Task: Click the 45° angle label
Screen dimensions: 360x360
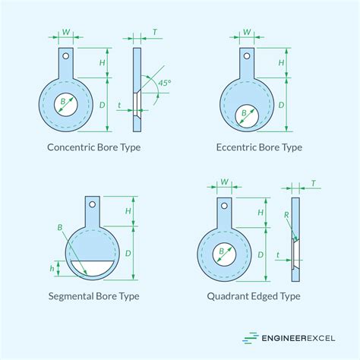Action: tap(165, 83)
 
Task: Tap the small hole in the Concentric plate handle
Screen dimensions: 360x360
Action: tap(66, 56)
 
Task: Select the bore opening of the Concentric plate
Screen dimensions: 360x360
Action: tap(66, 105)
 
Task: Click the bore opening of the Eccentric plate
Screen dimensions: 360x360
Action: tap(247, 116)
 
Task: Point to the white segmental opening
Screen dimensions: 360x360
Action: tap(92, 268)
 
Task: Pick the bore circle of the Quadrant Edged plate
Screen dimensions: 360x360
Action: tap(224, 254)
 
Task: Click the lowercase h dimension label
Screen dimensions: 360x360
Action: tap(52, 268)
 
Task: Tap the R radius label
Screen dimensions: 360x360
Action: tap(286, 215)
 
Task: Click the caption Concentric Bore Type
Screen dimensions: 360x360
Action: tap(94, 147)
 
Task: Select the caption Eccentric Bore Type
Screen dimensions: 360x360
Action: tap(259, 147)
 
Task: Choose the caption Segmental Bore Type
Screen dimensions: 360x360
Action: tap(94, 296)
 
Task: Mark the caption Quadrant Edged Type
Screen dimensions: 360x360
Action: tap(254, 296)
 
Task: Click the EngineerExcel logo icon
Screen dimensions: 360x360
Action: tap(251, 338)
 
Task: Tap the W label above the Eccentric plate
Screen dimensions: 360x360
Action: tap(247, 32)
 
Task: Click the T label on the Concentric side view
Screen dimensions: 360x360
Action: tap(155, 32)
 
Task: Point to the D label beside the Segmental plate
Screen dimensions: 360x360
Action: tap(128, 253)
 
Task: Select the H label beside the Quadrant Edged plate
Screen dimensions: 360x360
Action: tap(261, 213)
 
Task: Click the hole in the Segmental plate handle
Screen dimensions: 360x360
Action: tap(92, 204)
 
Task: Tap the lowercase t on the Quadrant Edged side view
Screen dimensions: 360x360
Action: tap(278, 254)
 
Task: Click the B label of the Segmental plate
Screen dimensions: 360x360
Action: tap(60, 227)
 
